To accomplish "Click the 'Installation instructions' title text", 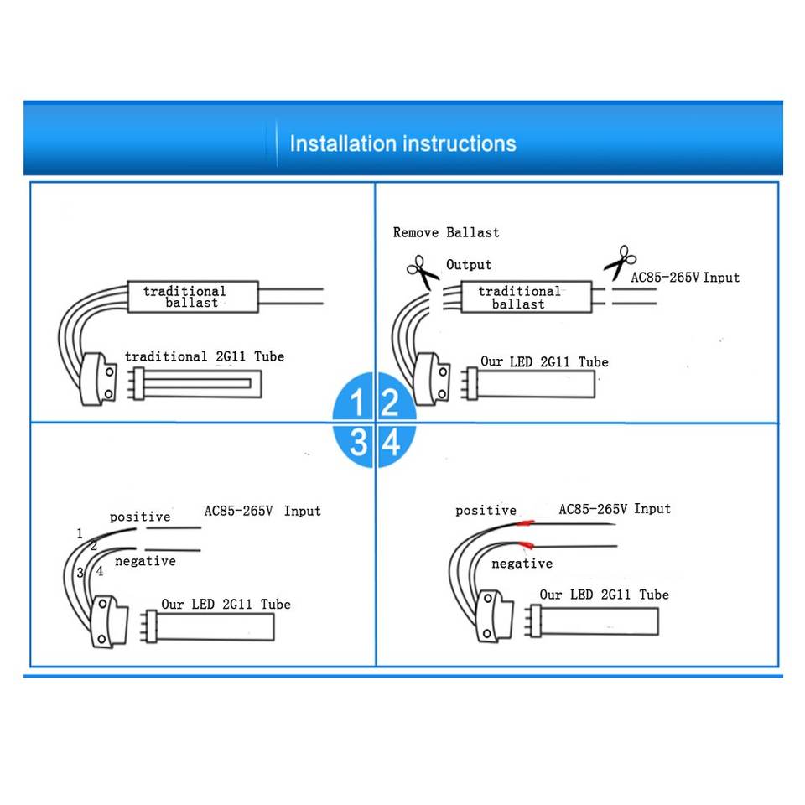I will tap(402, 143).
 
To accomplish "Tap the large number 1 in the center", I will tap(357, 404).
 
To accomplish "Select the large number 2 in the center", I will tap(389, 404).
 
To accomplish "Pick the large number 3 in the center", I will tap(358, 442).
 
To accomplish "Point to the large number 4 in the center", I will tap(391, 443).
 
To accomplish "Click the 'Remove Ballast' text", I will tap(446, 232).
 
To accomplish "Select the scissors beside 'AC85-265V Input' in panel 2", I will tap(618, 262).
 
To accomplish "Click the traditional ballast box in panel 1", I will tap(192, 297).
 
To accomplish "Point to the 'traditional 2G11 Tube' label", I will tap(205, 356).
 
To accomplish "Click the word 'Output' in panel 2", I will tap(469, 265).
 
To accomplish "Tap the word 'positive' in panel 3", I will tap(140, 517).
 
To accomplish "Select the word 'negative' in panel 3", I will tap(145, 561).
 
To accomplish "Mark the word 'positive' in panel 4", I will tap(486, 510).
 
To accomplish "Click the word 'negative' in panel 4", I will tap(522, 563).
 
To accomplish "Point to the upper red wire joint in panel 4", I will tap(527, 522).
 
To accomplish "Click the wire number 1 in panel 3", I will tap(80, 533).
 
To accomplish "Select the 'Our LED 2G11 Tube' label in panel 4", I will tap(604, 595).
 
